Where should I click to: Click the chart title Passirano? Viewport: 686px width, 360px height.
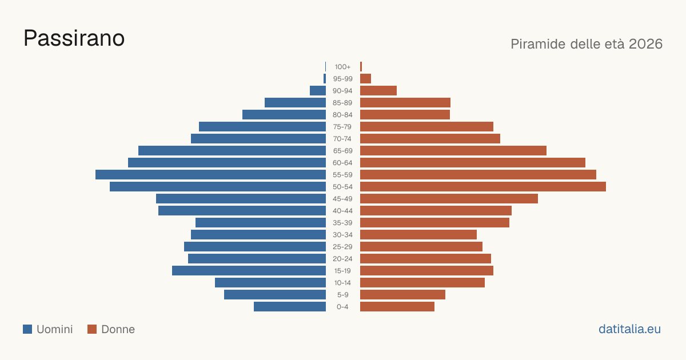tap(74, 38)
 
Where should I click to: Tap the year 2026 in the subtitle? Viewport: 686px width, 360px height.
tap(645, 44)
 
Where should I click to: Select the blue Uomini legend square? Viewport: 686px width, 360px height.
tap(27, 329)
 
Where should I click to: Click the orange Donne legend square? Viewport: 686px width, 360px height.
tap(92, 329)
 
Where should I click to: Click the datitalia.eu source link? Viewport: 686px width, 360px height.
tap(629, 329)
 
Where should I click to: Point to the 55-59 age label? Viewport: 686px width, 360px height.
tap(342, 175)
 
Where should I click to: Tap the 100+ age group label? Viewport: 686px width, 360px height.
tap(342, 67)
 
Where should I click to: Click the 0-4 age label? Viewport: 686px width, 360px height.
tap(342, 307)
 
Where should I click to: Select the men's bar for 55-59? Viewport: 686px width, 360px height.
tap(211, 175)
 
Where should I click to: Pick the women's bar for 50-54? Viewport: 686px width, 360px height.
tap(483, 187)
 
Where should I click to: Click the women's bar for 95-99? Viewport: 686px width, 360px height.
tap(366, 79)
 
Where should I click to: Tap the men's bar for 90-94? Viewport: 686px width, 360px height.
tap(318, 91)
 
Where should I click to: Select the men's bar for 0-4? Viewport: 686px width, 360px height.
tap(290, 307)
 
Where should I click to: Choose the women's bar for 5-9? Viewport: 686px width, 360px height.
tap(402, 295)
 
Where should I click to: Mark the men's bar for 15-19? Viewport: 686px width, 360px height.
tap(249, 271)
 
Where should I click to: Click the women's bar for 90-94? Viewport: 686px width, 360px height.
tap(378, 91)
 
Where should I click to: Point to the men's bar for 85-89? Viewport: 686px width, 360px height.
tap(295, 102)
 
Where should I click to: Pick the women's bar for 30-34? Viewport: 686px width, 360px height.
tap(418, 235)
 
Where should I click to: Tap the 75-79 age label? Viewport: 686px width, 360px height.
tap(342, 127)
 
